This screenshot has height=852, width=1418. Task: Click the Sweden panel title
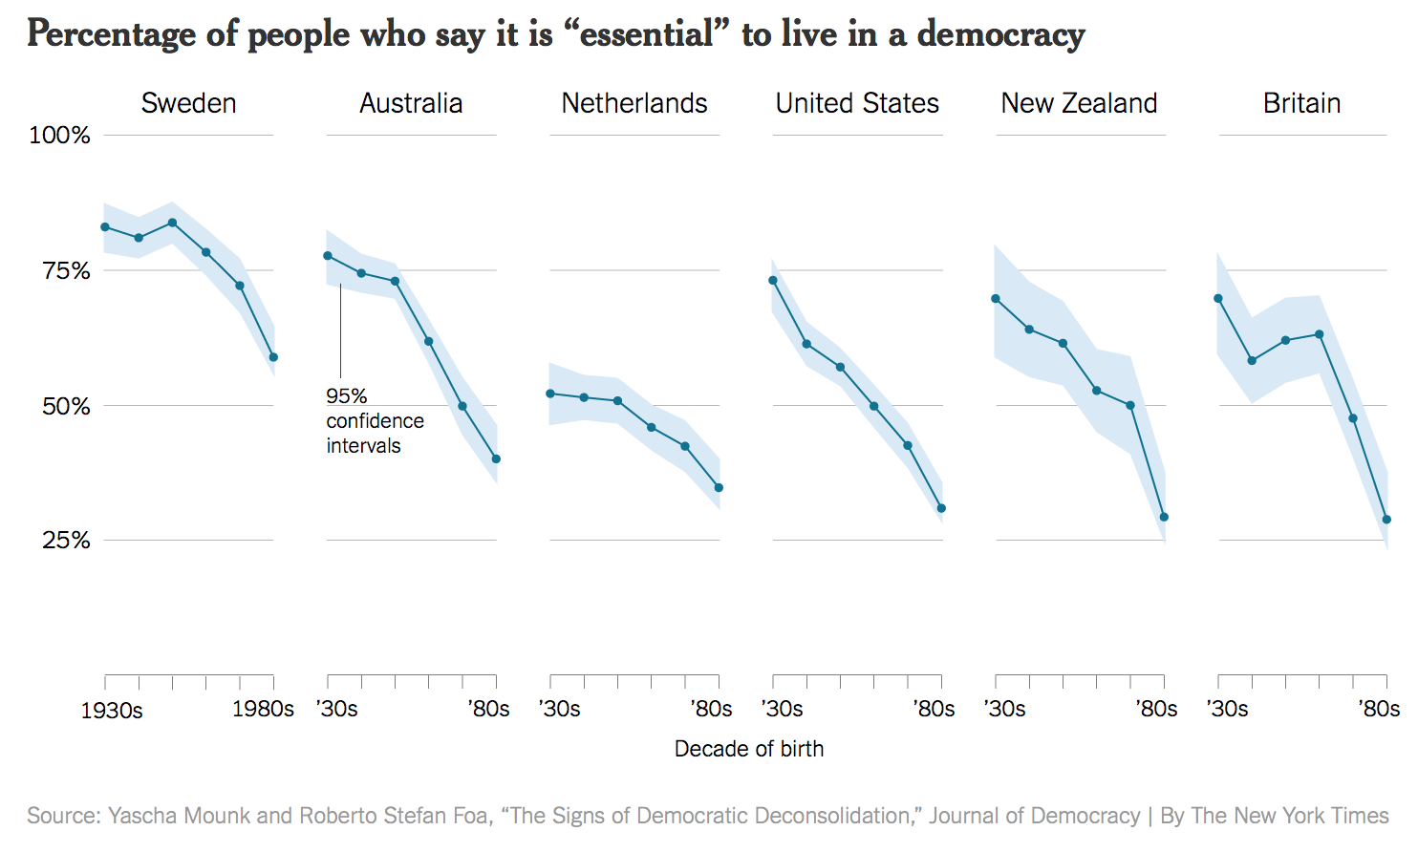(188, 103)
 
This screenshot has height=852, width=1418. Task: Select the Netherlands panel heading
(634, 103)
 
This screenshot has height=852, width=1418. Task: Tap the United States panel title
(857, 103)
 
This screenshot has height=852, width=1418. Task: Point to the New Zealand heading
(1079, 103)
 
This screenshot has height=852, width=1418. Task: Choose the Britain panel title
(1301, 103)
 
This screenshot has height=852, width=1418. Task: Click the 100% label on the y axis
(59, 136)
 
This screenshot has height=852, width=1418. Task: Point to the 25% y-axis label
(66, 541)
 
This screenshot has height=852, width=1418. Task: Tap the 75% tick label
(66, 271)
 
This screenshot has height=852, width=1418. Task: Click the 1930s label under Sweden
(112, 711)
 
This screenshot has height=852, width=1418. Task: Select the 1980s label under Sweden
(263, 710)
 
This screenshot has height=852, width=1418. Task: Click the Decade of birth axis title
(748, 749)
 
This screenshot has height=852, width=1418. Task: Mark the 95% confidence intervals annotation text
(374, 421)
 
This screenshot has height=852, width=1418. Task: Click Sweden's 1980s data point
(273, 357)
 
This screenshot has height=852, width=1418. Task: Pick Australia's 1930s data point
(328, 256)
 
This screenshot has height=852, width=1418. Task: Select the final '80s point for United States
(941, 508)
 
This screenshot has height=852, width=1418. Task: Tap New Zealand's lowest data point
(1164, 517)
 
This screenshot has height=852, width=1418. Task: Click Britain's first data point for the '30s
(1218, 299)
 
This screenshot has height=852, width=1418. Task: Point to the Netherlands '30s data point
(550, 394)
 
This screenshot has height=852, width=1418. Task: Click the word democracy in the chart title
(1000, 34)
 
